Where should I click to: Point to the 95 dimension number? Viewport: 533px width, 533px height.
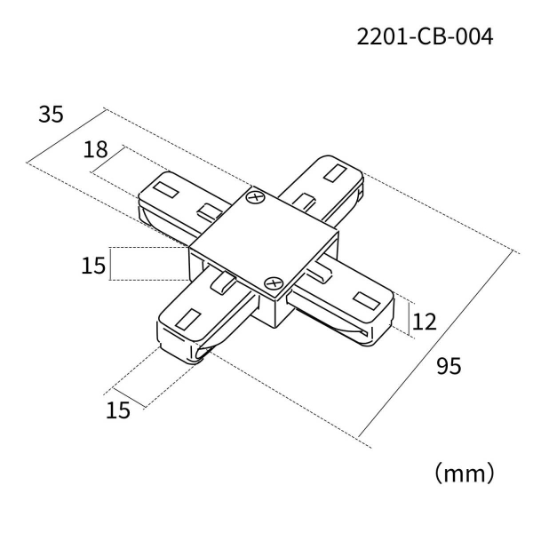pyautogui.click(x=449, y=365)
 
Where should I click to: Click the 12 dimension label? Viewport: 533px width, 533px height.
pyautogui.click(x=425, y=322)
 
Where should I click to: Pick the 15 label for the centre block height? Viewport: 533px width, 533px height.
pyautogui.click(x=94, y=264)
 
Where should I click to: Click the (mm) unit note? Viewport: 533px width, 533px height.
pyautogui.click(x=463, y=471)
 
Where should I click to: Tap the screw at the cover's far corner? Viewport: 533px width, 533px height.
pyautogui.click(x=256, y=198)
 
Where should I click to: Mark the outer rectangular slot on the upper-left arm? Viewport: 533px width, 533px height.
pyautogui.click(x=166, y=188)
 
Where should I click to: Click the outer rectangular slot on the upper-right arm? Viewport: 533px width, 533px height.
pyautogui.click(x=338, y=171)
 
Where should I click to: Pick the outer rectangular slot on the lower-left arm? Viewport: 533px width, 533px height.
pyautogui.click(x=190, y=316)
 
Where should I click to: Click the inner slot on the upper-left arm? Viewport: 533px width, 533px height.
pyautogui.click(x=210, y=211)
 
